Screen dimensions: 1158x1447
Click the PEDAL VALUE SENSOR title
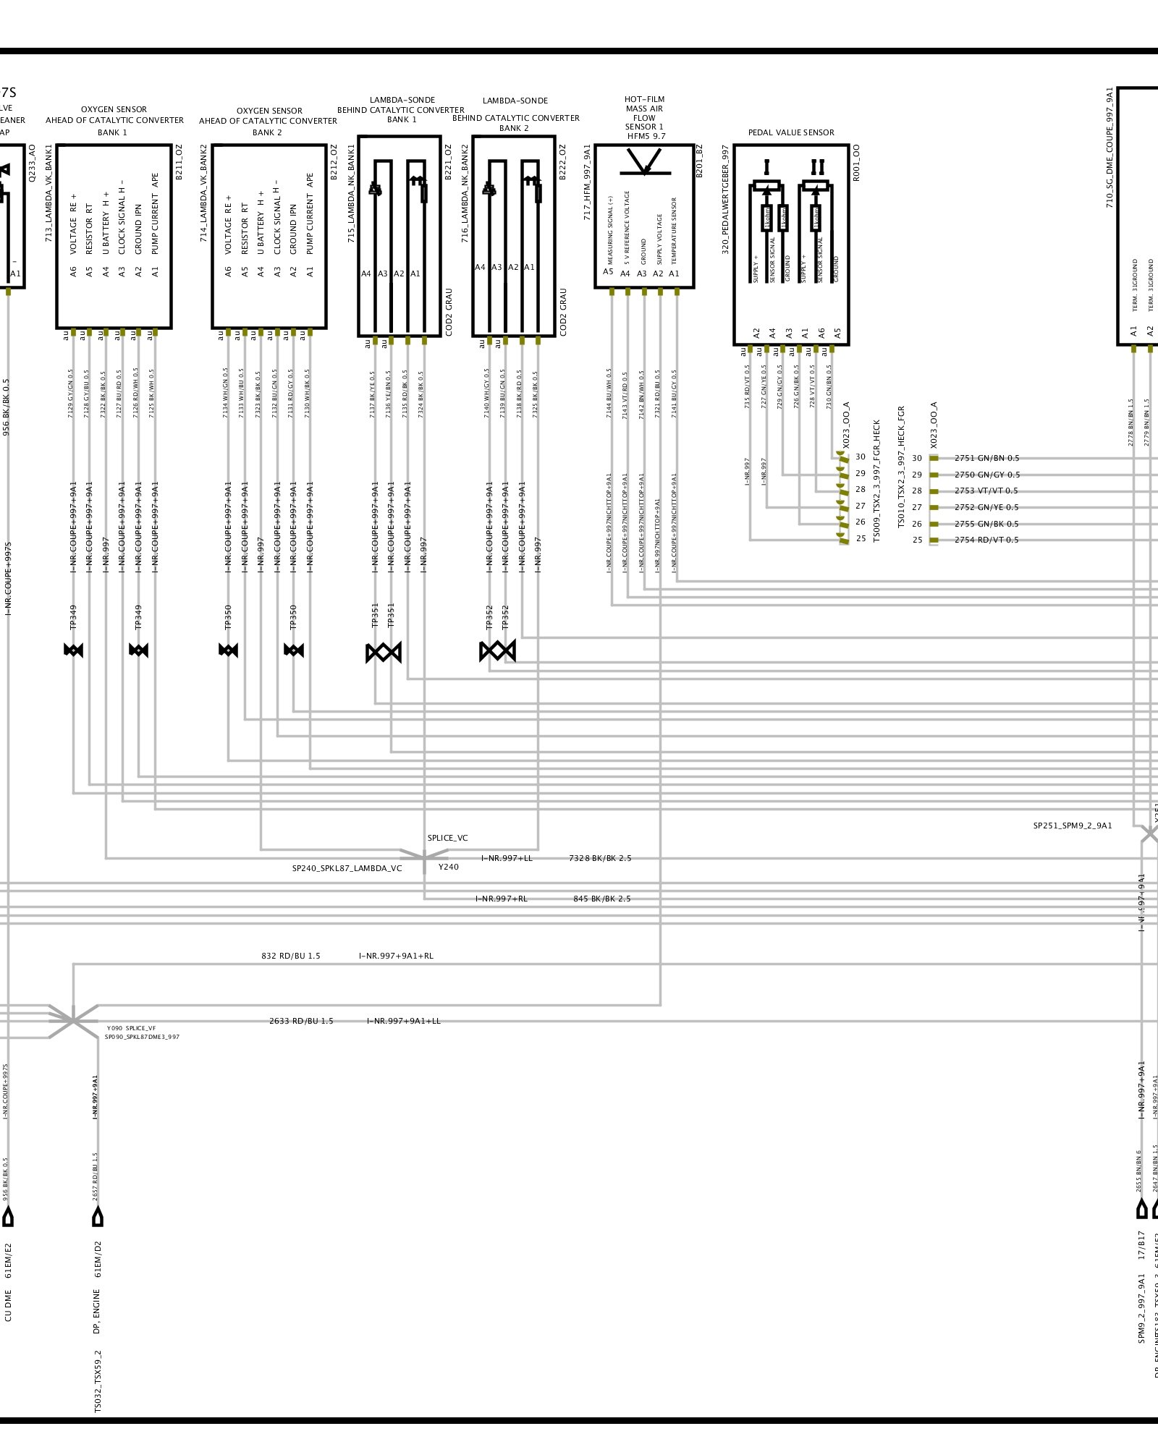click(x=790, y=132)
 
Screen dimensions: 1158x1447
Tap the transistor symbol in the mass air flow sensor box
click(x=644, y=162)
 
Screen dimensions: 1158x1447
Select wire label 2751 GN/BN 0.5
click(x=986, y=458)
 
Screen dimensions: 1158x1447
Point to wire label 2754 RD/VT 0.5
click(x=986, y=540)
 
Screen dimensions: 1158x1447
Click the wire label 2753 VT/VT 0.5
click(x=986, y=491)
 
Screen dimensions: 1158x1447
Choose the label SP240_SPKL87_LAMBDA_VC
click(x=347, y=868)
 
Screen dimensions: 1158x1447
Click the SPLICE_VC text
click(x=447, y=838)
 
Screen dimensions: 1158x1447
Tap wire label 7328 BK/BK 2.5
click(x=600, y=858)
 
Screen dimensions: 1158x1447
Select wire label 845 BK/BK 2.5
click(x=601, y=899)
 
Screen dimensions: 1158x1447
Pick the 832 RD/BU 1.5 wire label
click(x=290, y=956)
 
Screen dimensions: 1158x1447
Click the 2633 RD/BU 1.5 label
click(x=301, y=1021)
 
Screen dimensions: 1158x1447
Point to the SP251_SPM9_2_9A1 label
click(x=1072, y=826)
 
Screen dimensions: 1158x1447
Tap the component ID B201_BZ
click(x=699, y=161)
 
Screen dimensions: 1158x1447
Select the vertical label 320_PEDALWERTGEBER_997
click(x=725, y=200)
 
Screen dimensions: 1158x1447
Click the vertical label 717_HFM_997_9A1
click(x=587, y=182)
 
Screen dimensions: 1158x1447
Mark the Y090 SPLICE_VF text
click(x=131, y=1028)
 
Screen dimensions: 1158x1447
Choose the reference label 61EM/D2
click(x=98, y=1260)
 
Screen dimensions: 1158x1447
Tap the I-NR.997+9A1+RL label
click(x=396, y=956)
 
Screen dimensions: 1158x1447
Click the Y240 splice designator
click(x=448, y=867)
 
